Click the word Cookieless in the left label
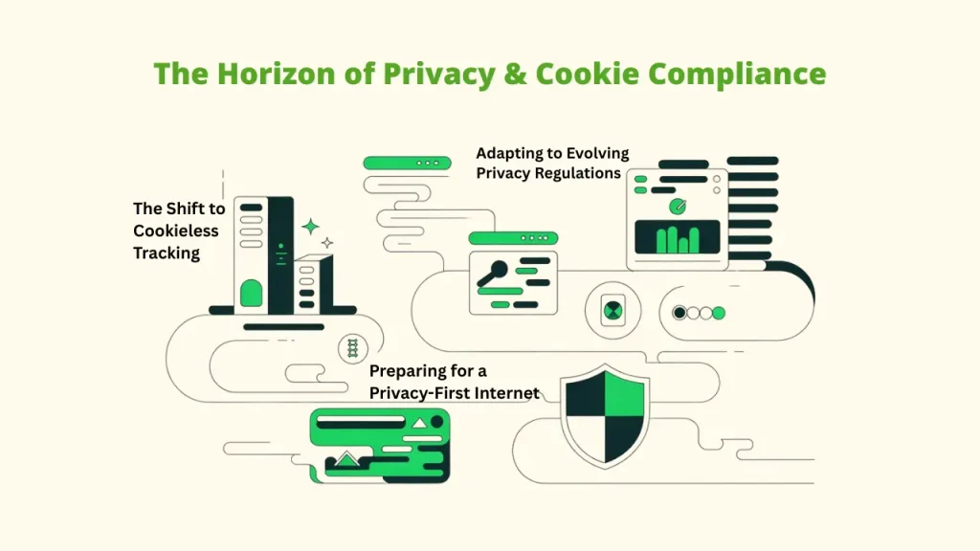coord(175,231)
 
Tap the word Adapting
coord(510,153)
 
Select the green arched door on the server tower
coord(251,293)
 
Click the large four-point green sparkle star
coord(310,227)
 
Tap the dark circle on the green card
coord(418,422)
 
